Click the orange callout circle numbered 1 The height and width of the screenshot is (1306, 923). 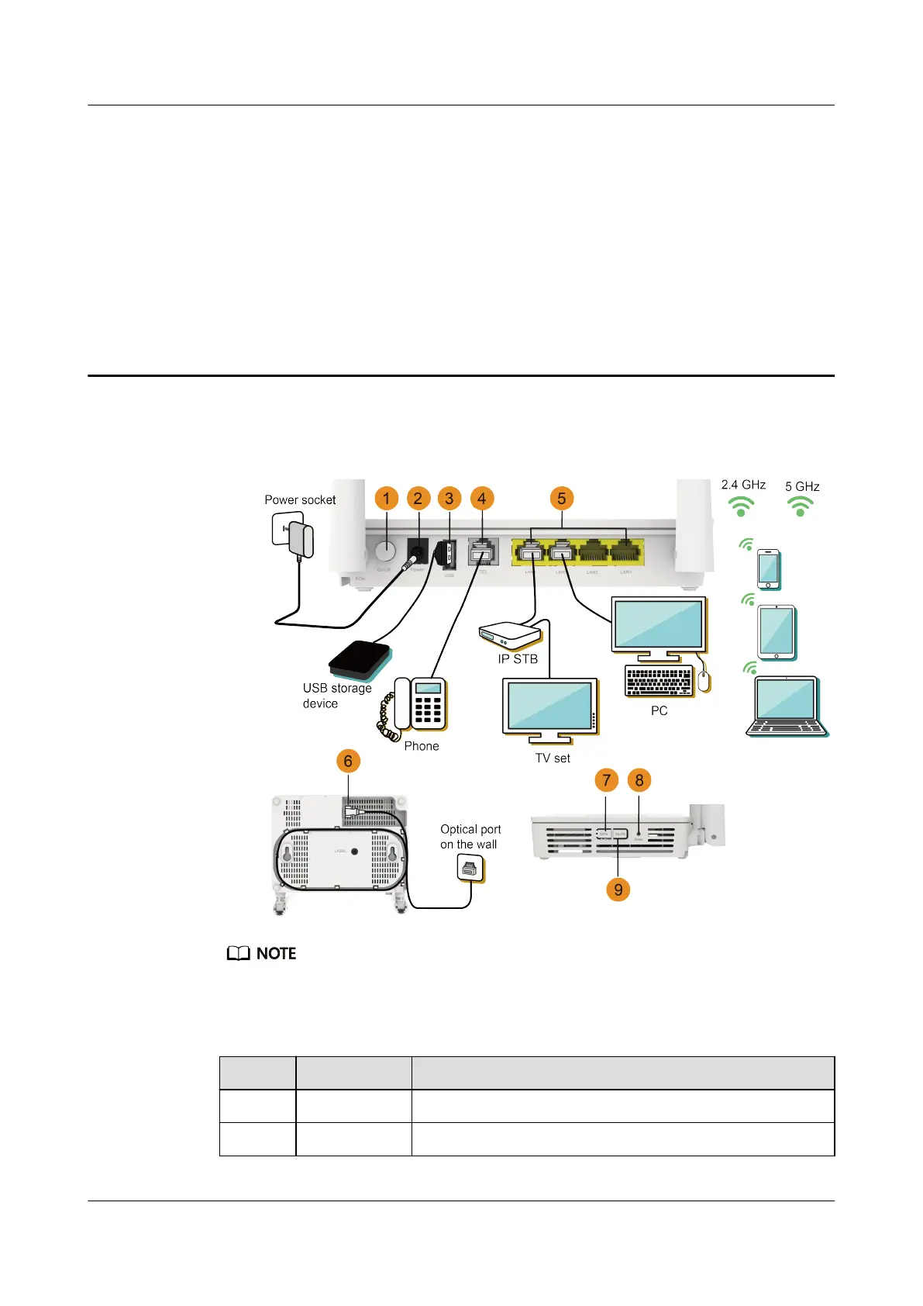pos(386,498)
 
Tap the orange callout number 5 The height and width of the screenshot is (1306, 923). pos(562,498)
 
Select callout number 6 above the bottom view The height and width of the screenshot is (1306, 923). pos(348,761)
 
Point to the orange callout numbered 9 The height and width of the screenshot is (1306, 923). pos(618,890)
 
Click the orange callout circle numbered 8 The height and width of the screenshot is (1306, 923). pos(639,780)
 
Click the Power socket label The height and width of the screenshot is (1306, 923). pos(300,500)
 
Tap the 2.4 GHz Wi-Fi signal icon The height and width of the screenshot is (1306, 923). pos(741,506)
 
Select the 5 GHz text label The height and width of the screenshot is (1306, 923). pos(802,487)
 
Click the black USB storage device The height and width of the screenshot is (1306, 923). pos(360,660)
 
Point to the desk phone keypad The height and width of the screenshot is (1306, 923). pos(427,708)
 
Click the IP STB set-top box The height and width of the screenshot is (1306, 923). pos(509,636)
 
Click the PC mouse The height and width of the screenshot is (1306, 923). pos(704,682)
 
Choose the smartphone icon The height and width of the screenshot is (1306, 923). pos(768,569)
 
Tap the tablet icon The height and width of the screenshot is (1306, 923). pos(777,632)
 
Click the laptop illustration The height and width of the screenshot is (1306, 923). pos(786,706)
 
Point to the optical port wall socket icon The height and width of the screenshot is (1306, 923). pos(470,869)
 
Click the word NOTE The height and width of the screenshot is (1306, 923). pos(276,954)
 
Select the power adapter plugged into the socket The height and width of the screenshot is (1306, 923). pos(301,541)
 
